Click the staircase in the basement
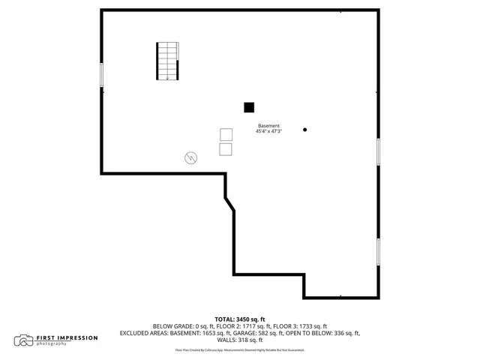pos(168,61)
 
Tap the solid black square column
pos(249,107)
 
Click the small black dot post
pos(304,129)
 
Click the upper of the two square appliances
pos(226,134)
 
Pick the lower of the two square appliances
pos(226,149)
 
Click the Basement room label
pos(268,125)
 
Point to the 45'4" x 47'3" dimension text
pos(268,131)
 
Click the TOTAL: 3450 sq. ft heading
pos(240,319)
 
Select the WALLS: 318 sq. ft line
pos(240,340)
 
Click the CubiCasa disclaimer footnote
pos(240,349)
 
